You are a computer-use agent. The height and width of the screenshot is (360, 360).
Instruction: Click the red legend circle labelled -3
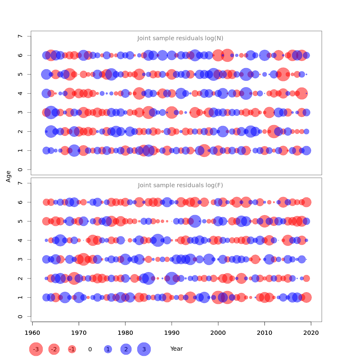pos(36,349)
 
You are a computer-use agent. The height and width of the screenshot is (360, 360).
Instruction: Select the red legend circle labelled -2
pos(54,349)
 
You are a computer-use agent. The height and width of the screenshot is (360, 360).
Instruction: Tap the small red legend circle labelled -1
pos(72,349)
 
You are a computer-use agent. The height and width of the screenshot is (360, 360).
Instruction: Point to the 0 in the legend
pos(90,349)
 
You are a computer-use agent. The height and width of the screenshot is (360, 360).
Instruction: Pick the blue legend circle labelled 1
pos(108,349)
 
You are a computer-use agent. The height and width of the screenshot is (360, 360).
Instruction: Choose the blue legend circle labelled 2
pos(126,349)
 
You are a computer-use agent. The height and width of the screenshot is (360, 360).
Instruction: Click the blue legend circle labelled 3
pos(144,349)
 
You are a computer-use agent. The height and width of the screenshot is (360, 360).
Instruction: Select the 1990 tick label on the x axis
pos(172,332)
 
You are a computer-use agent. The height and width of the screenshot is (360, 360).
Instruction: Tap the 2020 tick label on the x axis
pos(311,332)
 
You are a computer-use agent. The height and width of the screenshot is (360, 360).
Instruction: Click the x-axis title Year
pos(176,349)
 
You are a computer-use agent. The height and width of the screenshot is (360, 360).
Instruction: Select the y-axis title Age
pos(8,176)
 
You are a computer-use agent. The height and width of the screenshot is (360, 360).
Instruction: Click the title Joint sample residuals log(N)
pos(180,38)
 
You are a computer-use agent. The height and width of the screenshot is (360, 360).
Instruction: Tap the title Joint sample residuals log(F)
pos(180,185)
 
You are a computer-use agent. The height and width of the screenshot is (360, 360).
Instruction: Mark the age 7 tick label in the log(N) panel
pos(20,36)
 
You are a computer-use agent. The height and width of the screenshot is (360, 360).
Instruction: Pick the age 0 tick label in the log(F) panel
pos(20,316)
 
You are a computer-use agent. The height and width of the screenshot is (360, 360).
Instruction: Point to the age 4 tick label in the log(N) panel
pos(20,93)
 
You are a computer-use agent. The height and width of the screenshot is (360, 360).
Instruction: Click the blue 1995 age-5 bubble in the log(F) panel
pos(195,221)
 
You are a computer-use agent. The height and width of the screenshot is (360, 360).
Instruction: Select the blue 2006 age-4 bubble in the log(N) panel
pos(246,93)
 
